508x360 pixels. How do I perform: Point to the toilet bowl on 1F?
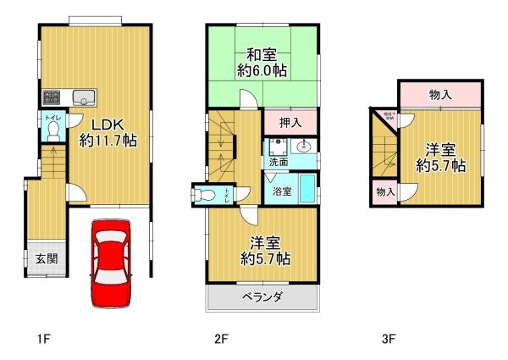[53, 131]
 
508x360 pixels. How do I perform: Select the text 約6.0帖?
[262, 73]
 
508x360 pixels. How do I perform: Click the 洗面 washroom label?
[279, 161]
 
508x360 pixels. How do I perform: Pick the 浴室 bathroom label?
[282, 191]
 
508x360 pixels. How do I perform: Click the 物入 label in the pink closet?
[440, 95]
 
